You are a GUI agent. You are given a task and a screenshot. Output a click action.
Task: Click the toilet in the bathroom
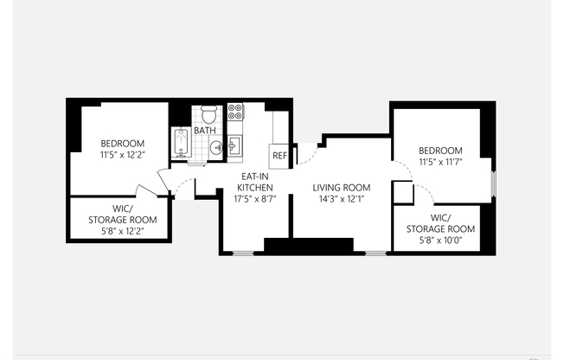(x=208, y=114)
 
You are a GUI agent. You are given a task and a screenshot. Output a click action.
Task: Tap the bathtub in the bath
(x=181, y=143)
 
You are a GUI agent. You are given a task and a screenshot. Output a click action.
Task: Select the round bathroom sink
(x=216, y=147)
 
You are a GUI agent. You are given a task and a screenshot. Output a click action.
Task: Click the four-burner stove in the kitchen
(x=235, y=112)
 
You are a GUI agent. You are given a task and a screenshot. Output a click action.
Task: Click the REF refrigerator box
(x=279, y=157)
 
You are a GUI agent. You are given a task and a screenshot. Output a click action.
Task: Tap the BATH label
(x=205, y=131)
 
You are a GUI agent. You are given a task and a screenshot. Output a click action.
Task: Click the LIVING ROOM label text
(x=342, y=188)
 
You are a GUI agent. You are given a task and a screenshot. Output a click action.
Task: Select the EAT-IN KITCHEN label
(x=255, y=182)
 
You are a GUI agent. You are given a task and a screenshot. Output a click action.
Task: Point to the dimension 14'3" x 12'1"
(x=342, y=199)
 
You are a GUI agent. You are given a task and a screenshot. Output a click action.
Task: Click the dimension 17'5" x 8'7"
(x=255, y=199)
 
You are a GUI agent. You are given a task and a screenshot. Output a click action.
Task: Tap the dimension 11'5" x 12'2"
(x=123, y=155)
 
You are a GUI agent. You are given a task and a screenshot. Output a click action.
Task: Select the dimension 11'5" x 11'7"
(x=440, y=162)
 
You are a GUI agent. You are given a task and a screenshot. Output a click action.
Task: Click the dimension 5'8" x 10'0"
(x=440, y=240)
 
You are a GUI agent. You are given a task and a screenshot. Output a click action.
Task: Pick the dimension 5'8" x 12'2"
(x=123, y=231)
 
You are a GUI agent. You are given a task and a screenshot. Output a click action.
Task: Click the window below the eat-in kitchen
(x=243, y=254)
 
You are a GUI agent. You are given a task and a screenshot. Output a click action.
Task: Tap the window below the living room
(x=375, y=254)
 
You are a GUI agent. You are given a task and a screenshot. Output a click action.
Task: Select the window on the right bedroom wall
(x=494, y=184)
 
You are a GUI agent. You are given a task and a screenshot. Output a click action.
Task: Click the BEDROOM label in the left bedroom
(x=123, y=144)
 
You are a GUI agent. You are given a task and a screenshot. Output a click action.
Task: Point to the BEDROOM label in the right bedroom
(x=440, y=151)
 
